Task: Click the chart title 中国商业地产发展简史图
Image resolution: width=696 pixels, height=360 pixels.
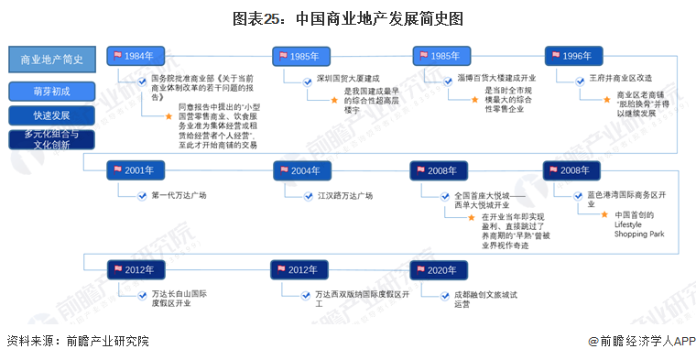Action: [348, 18]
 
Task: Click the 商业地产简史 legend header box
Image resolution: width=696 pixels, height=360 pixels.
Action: [51, 60]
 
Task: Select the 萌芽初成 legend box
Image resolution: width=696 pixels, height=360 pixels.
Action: [51, 92]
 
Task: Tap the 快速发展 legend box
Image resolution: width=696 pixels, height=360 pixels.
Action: [51, 115]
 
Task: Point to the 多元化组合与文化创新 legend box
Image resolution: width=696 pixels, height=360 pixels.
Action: [51, 139]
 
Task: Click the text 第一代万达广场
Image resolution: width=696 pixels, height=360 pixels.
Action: [179, 195]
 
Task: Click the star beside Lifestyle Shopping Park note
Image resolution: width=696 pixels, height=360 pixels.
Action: [604, 214]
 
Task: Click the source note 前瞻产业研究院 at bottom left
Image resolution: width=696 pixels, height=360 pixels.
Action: [77, 341]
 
